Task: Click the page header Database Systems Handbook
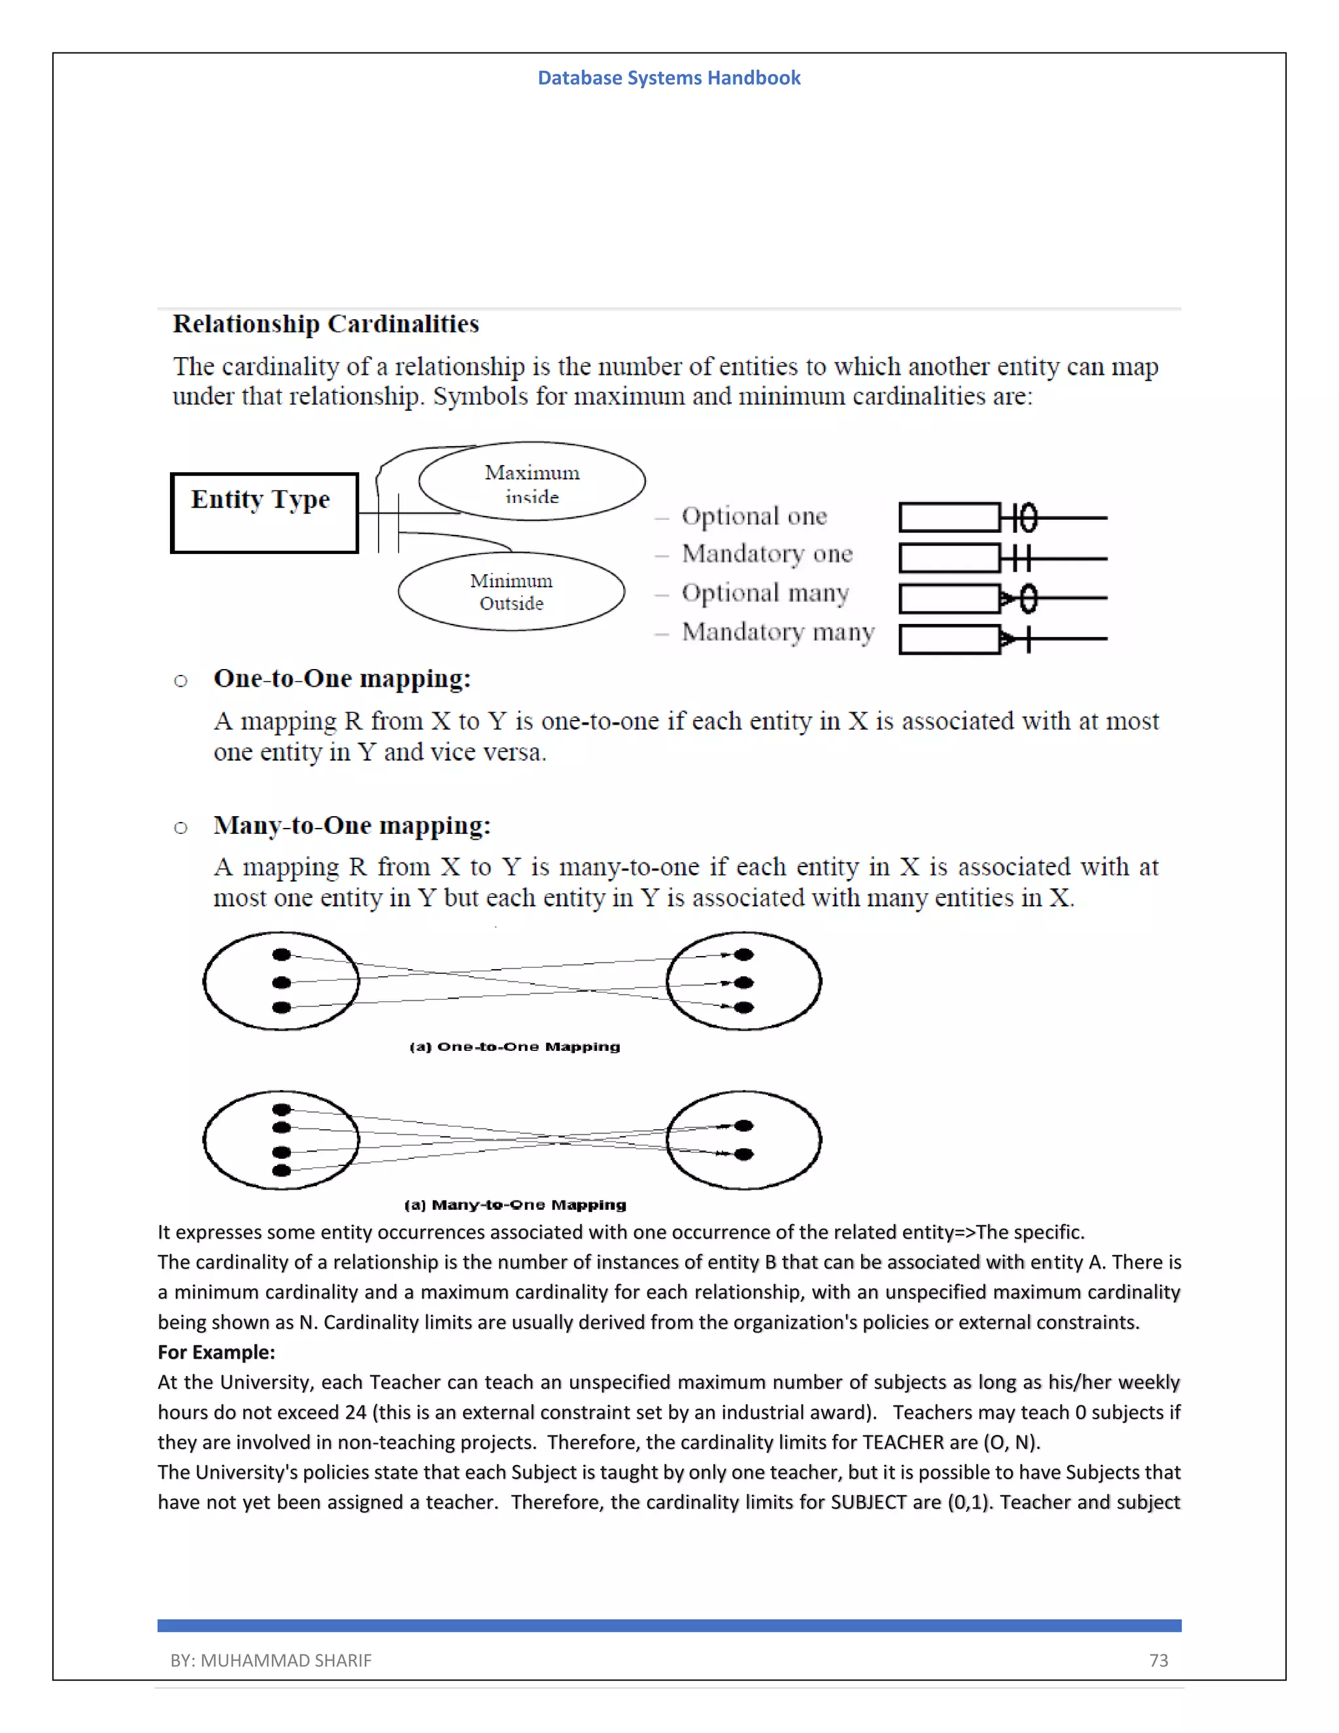[x=669, y=78]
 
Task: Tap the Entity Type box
[x=264, y=512]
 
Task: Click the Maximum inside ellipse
[x=532, y=482]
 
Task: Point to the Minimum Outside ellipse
[x=511, y=591]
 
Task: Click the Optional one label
[x=754, y=517]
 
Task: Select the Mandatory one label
[x=766, y=554]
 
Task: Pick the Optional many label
[x=765, y=592]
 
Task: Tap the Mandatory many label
[x=777, y=632]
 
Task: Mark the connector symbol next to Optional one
[x=1019, y=517]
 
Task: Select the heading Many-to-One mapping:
[x=351, y=825]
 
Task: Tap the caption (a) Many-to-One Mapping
[x=515, y=1205]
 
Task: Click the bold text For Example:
[x=216, y=1352]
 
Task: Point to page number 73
[x=1158, y=1660]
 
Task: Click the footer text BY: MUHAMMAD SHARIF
[x=271, y=1660]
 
